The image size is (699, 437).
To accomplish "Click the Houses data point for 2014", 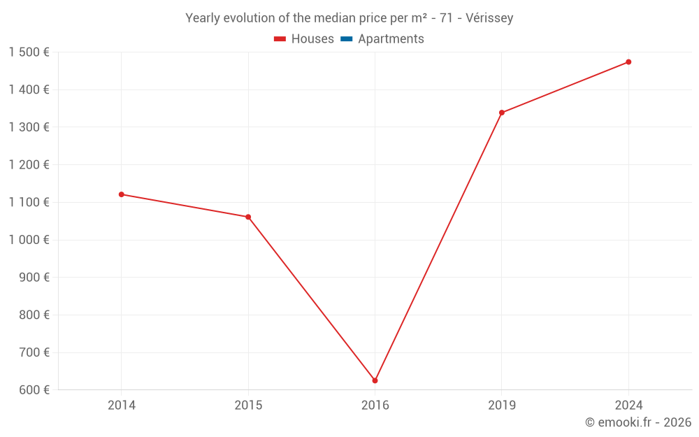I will click(122, 194).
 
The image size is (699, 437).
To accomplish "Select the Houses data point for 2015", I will click(248, 217).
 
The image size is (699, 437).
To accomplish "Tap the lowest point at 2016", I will click(375, 380).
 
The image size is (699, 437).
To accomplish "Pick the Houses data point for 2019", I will click(502, 113).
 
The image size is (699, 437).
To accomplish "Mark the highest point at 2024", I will click(628, 62).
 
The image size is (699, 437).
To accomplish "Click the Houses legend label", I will click(312, 39).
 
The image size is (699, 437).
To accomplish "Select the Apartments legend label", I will click(391, 39).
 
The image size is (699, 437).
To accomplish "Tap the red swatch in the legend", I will click(280, 39).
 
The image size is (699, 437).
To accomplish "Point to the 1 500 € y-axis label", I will click(29, 52).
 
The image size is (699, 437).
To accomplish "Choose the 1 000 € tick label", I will click(29, 240).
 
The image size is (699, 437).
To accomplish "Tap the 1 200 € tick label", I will click(29, 165).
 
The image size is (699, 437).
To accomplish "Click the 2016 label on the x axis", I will click(375, 406).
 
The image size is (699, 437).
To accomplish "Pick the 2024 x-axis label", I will click(628, 406).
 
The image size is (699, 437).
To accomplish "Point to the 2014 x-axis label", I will click(122, 406).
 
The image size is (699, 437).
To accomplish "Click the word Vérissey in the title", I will click(488, 18).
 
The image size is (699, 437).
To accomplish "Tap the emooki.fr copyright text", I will click(638, 422).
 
